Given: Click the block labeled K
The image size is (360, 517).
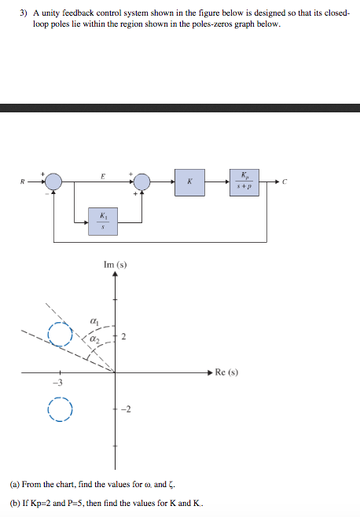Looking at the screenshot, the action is (189, 182).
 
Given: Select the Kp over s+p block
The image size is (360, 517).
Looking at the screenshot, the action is (244, 182).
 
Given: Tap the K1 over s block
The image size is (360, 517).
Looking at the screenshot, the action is (103, 222).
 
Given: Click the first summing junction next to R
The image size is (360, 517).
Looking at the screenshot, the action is (53, 181).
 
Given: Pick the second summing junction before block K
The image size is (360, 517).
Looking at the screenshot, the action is (142, 181).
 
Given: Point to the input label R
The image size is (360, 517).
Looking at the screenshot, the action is (23, 181).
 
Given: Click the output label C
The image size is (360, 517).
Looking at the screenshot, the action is (285, 181).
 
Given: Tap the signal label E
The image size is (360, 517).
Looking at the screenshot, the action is (103, 177).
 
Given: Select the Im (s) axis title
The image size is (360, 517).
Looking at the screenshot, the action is (116, 265).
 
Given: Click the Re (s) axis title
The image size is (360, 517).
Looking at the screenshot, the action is (226, 372).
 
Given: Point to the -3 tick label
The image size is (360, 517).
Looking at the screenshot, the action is (57, 383).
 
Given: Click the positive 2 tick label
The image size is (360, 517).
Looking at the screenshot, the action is (123, 336).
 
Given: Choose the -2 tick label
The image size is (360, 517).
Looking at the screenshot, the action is (126, 409).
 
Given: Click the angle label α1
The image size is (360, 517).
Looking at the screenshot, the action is (94, 321).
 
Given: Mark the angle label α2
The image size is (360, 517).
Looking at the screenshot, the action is (94, 339).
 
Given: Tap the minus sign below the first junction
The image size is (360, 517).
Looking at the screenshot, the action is (47, 194).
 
